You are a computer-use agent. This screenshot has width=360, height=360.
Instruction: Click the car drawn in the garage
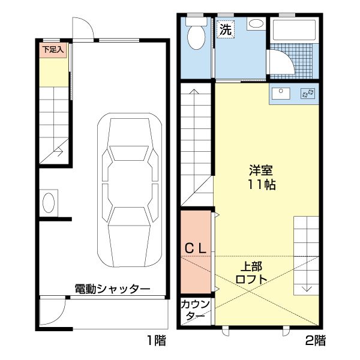[x=130, y=190]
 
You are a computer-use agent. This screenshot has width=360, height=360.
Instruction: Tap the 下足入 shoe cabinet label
[x=53, y=50]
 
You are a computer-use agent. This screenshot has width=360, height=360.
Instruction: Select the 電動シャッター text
[x=113, y=289]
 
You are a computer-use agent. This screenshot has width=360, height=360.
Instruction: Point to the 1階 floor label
[x=157, y=340]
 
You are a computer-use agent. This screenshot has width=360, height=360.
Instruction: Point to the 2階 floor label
[x=316, y=340]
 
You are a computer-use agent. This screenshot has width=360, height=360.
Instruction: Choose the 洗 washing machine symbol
[x=226, y=29]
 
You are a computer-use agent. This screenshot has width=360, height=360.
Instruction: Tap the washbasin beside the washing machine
[x=256, y=23]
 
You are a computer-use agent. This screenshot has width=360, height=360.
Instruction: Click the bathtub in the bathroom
[x=293, y=31]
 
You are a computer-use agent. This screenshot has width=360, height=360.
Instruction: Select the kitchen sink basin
[x=281, y=94]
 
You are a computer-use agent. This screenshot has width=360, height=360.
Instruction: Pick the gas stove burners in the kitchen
[x=308, y=94]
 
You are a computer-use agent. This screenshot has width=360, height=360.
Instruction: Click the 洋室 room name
[x=261, y=170]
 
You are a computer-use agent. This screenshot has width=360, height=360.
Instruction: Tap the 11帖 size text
[x=262, y=184]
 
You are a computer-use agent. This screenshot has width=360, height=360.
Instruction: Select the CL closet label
[x=196, y=248]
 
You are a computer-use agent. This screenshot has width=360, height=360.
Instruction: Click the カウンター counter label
[x=196, y=311]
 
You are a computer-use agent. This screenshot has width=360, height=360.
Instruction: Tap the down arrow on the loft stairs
[x=307, y=288]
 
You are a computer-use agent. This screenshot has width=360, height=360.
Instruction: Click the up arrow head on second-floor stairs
[x=194, y=91]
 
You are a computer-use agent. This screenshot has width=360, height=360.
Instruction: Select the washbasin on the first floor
[x=49, y=203]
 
